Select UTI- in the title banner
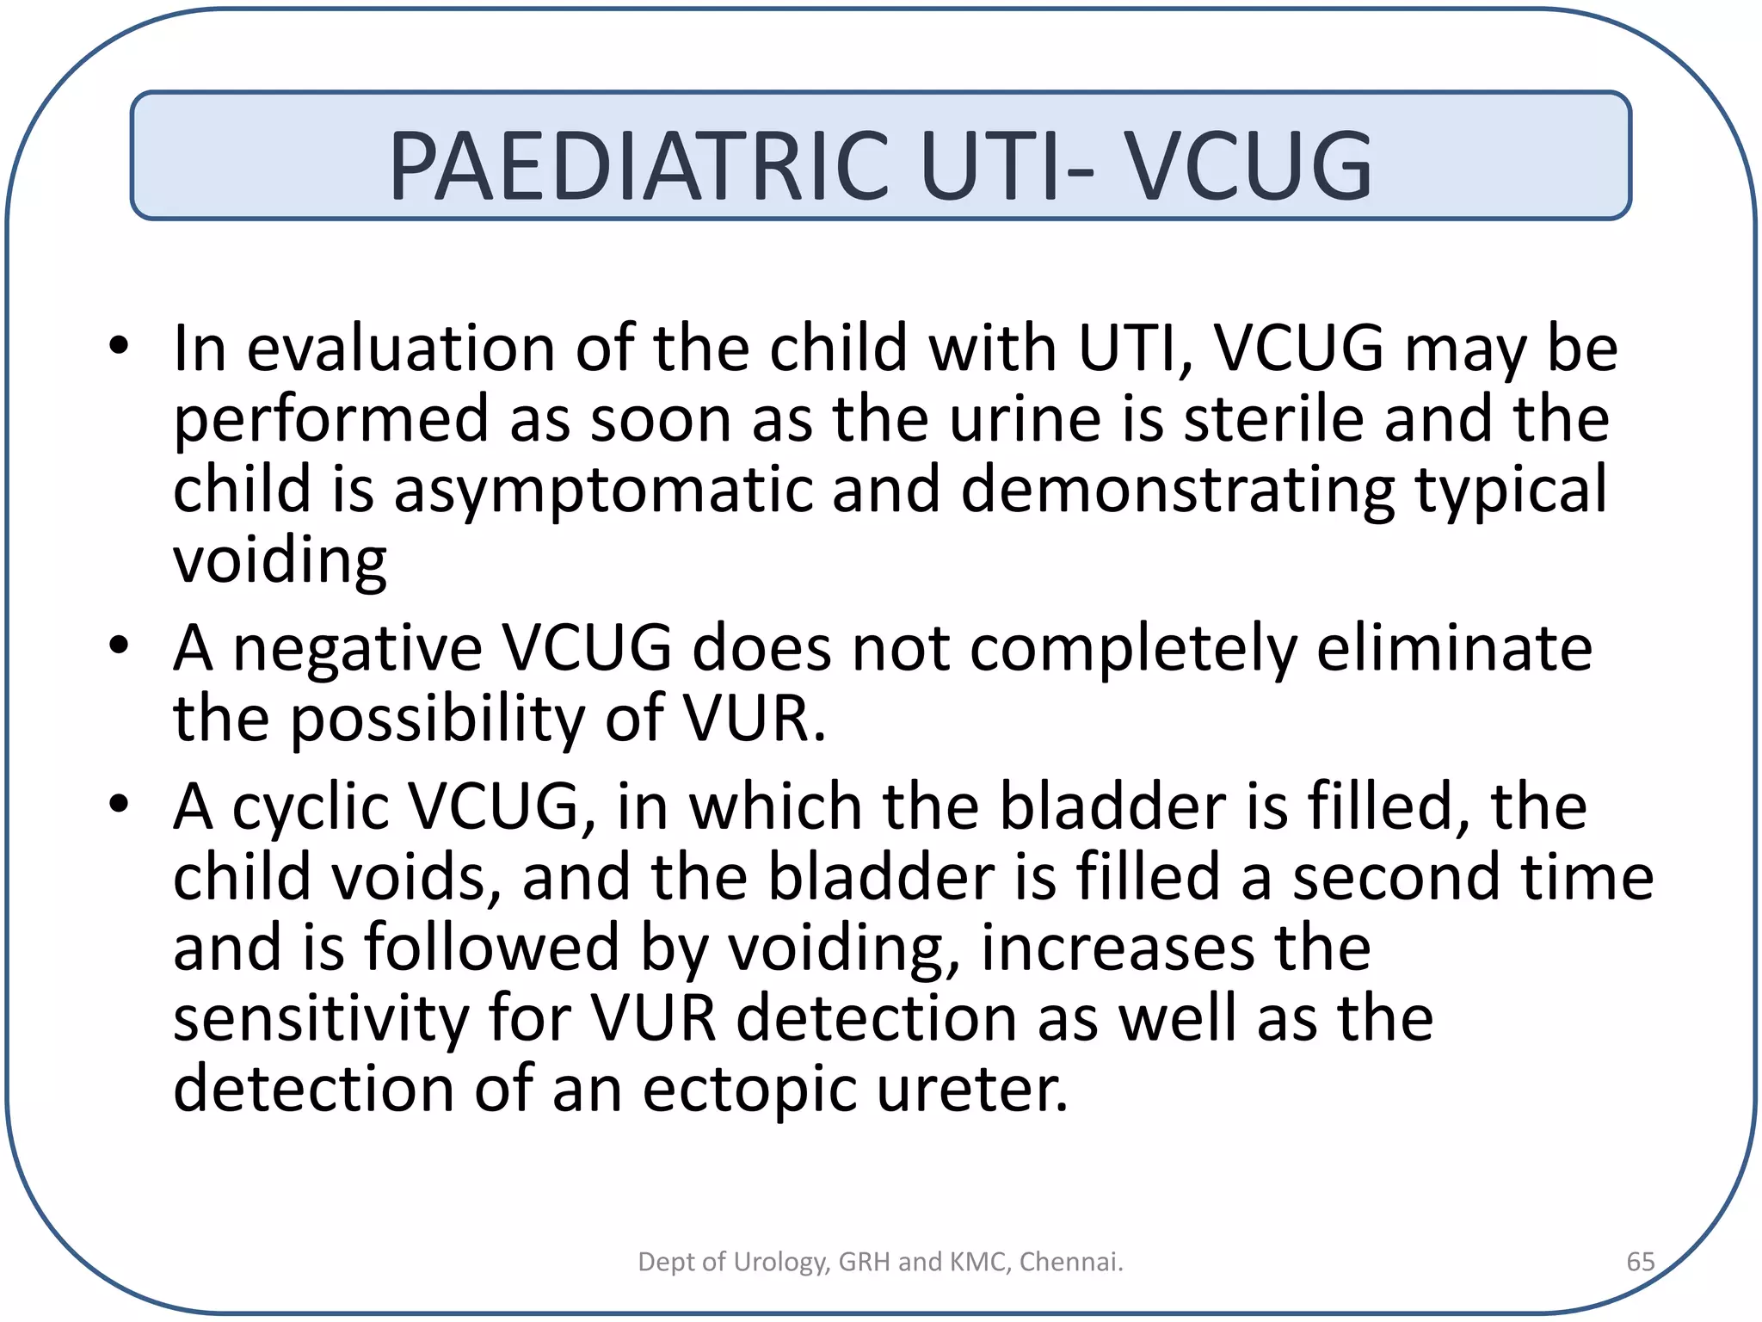click(x=1007, y=165)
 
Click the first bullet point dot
click(x=119, y=347)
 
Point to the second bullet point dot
click(x=119, y=645)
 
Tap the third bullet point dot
click(x=119, y=804)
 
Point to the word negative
click(x=357, y=650)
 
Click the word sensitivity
click(x=321, y=1018)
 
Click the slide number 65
click(x=1640, y=1262)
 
